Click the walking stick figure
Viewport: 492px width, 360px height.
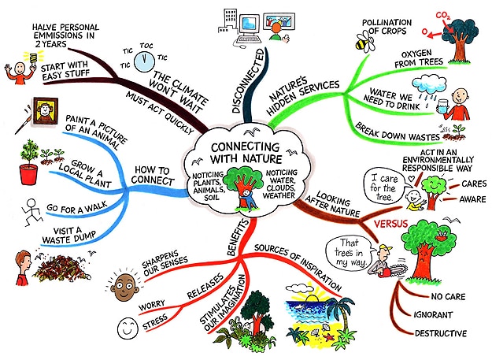click(x=29, y=210)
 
